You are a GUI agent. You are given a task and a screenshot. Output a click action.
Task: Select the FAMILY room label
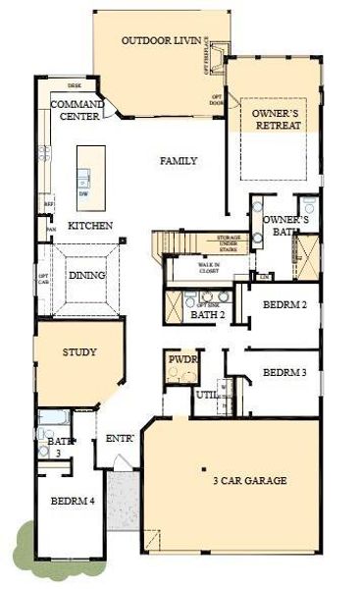(x=179, y=161)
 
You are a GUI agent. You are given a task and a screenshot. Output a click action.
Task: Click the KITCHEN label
(x=89, y=226)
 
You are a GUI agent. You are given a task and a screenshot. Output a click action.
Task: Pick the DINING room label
(x=86, y=276)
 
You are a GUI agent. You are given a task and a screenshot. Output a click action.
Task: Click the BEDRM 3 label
(x=285, y=373)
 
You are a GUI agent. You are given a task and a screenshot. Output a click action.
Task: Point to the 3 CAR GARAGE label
(x=249, y=481)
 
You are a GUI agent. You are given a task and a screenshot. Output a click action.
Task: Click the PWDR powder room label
(x=182, y=361)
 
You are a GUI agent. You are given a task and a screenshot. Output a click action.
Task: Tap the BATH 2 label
(x=205, y=315)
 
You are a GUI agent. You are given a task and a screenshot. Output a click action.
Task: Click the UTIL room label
(x=205, y=394)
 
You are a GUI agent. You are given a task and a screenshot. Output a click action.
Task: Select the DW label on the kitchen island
(x=83, y=192)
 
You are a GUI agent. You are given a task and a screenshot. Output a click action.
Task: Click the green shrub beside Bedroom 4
(x=23, y=542)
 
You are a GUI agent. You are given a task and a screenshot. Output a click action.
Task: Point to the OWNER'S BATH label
(x=289, y=226)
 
